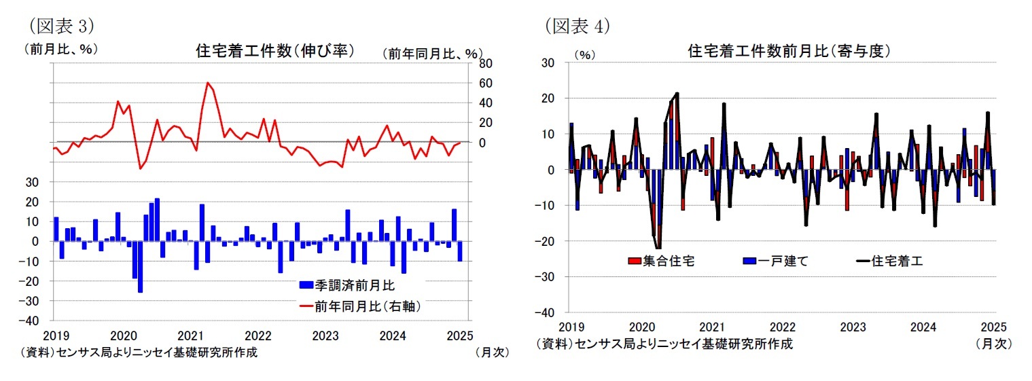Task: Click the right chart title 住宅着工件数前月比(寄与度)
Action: pyautogui.click(x=789, y=51)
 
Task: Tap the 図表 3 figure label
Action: pyautogui.click(x=59, y=26)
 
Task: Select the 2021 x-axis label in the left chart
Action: pyautogui.click(x=190, y=335)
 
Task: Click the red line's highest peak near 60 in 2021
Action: pyautogui.click(x=207, y=83)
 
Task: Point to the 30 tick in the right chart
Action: pyautogui.click(x=548, y=63)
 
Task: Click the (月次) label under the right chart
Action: pyautogui.click(x=993, y=344)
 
